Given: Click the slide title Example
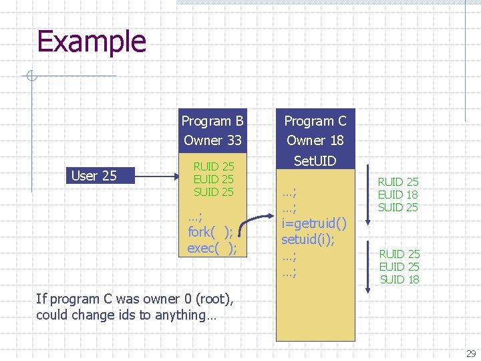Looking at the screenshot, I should pyautogui.click(x=92, y=41).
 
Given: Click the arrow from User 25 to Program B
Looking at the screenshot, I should pyautogui.click(x=158, y=176).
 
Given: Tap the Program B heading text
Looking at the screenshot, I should pyautogui.click(x=212, y=121).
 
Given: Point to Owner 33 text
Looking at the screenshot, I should pyautogui.click(x=212, y=140).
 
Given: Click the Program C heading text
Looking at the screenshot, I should pyautogui.click(x=315, y=121).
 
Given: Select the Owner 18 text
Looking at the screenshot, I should pyautogui.click(x=315, y=140).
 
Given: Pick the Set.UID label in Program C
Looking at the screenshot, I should pyautogui.click(x=315, y=160).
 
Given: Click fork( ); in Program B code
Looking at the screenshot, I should pyautogui.click(x=210, y=232).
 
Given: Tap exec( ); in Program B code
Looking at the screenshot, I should pyautogui.click(x=212, y=248).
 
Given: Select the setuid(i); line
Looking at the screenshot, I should pyautogui.click(x=309, y=238).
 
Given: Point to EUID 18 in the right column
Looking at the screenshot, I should pyautogui.click(x=398, y=195).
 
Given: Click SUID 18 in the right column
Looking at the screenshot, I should pyautogui.click(x=399, y=279).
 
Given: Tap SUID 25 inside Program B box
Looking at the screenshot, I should pyautogui.click(x=213, y=192).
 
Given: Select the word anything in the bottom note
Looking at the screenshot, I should pyautogui.click(x=180, y=315).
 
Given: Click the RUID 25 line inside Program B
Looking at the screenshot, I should pyautogui.click(x=213, y=166).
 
